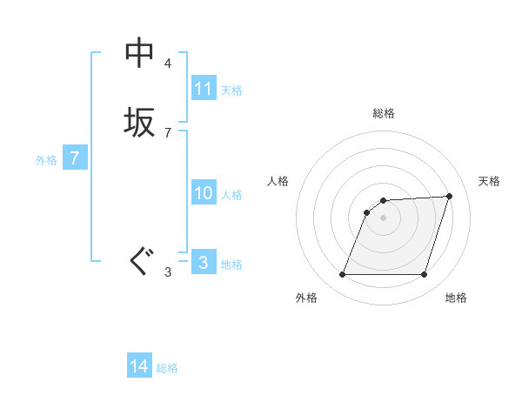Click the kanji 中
pyautogui.click(x=139, y=53)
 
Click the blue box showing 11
pyautogui.click(x=204, y=89)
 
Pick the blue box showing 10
pyautogui.click(x=204, y=193)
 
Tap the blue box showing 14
pyautogui.click(x=139, y=366)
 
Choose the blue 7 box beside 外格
pyautogui.click(x=76, y=158)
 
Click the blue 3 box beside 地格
pyautogui.click(x=204, y=262)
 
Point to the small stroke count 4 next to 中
pyautogui.click(x=168, y=64)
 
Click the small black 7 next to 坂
pyautogui.click(x=168, y=132)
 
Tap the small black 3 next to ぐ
pyautogui.click(x=168, y=272)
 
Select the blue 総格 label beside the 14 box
pyautogui.click(x=167, y=368)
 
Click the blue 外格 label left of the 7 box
pyautogui.click(x=46, y=160)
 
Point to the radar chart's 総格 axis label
pyautogui.click(x=384, y=113)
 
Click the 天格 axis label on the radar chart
pyautogui.click(x=489, y=181)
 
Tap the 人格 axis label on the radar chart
pyautogui.click(x=278, y=181)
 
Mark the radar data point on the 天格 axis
pyautogui.click(x=450, y=196)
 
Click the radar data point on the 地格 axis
pyautogui.click(x=424, y=274)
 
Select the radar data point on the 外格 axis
pyautogui.click(x=343, y=274)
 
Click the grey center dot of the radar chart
pyautogui.click(x=384, y=218)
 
